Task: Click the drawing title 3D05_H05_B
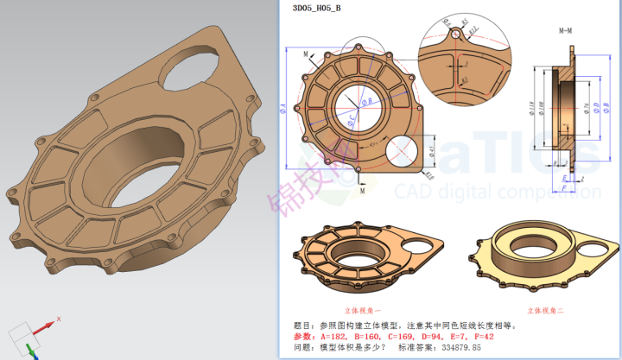coord(316,9)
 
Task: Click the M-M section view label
coord(566,30)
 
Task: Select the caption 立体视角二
coord(528,308)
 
